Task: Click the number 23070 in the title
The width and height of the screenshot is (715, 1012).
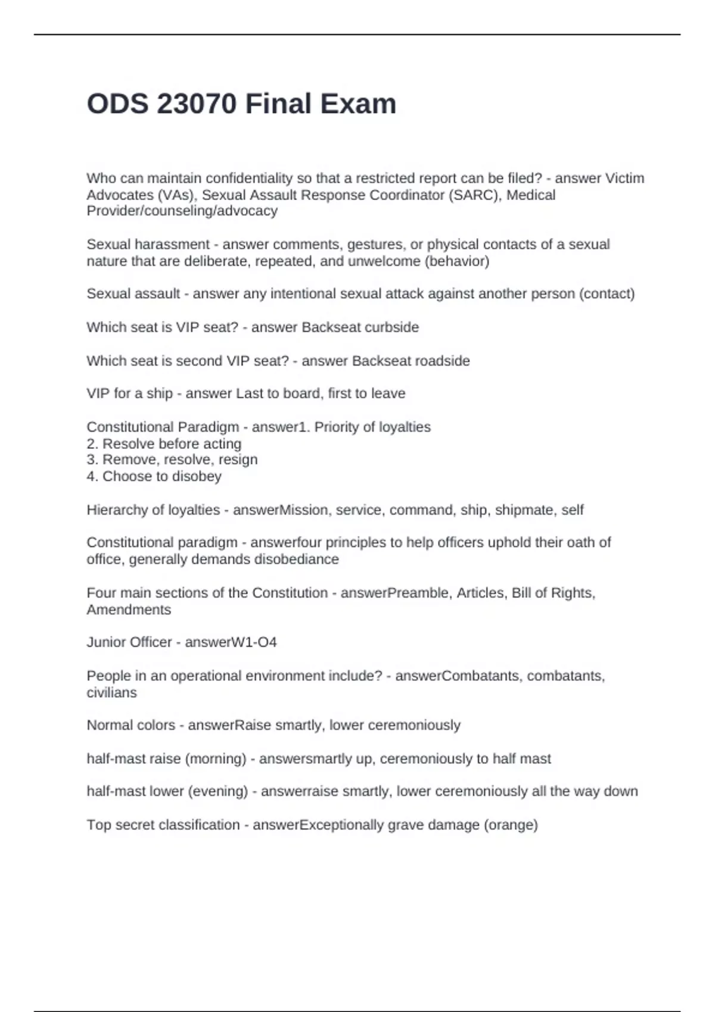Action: coord(197,104)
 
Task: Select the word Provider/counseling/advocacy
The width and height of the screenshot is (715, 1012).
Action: coord(182,211)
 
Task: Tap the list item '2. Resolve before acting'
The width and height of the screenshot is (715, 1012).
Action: coord(164,443)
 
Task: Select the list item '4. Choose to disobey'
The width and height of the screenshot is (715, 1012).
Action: coord(154,476)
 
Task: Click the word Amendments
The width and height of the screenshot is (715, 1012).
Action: coord(129,610)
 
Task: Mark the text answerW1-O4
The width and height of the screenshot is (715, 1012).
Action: coord(231,642)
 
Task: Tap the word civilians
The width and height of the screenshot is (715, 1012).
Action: coord(111,692)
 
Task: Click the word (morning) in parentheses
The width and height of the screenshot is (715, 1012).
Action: coord(216,758)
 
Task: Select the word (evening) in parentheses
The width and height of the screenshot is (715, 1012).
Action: coord(217,791)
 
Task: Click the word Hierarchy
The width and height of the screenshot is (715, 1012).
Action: coord(118,510)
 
